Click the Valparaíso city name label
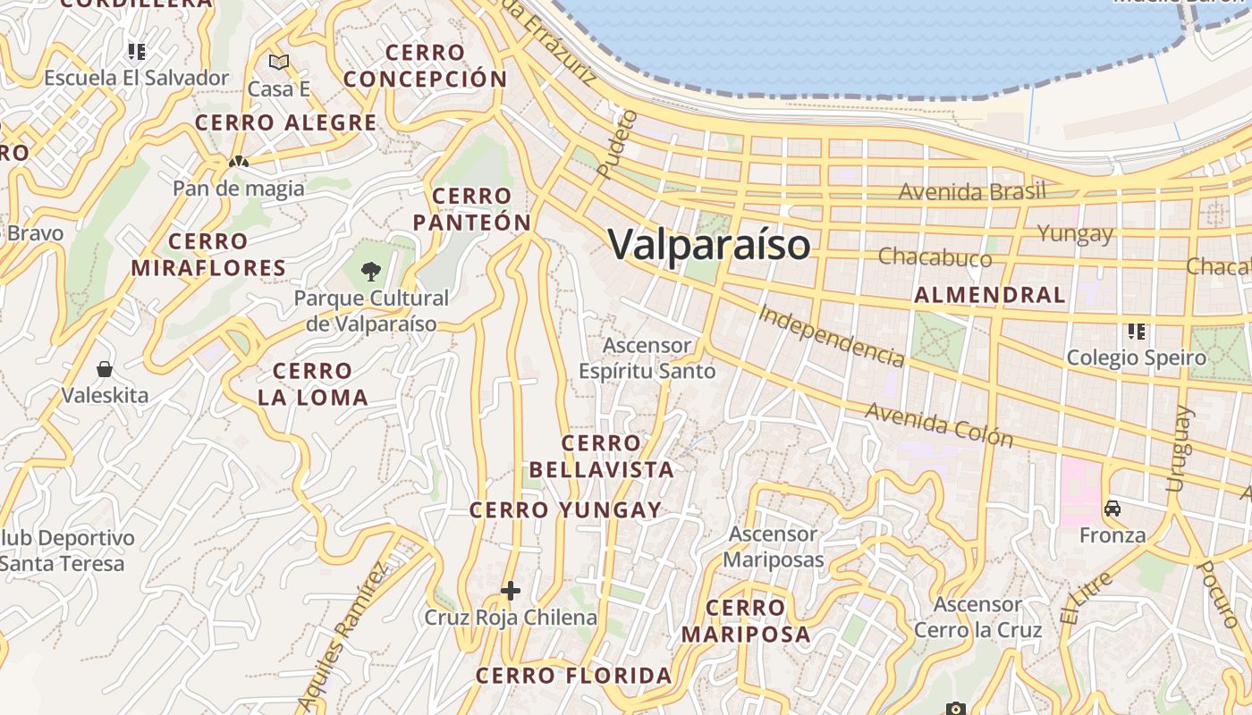click(x=709, y=245)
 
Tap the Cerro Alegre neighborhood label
click(x=286, y=123)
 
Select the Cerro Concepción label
click(x=426, y=66)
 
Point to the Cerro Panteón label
click(x=472, y=209)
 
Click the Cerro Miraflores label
click(x=208, y=255)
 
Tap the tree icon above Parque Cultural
click(x=370, y=271)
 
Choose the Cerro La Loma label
click(x=313, y=384)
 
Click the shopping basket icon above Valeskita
click(x=105, y=368)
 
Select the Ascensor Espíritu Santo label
click(x=647, y=358)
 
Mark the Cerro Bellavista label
click(x=601, y=457)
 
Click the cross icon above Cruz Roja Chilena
click(x=511, y=591)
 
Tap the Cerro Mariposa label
click(x=746, y=621)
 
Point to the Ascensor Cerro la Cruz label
click(x=977, y=618)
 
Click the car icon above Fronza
click(x=1112, y=509)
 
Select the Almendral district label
click(x=990, y=295)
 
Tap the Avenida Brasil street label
click(x=972, y=192)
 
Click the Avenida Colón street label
click(x=939, y=425)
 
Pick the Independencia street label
click(x=831, y=335)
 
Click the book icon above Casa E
click(x=279, y=62)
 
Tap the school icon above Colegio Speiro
click(x=1137, y=332)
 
